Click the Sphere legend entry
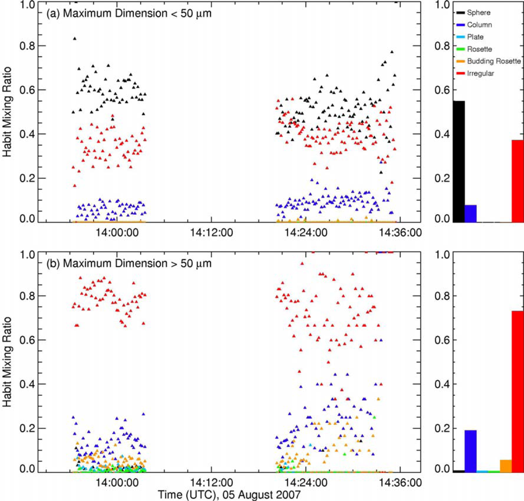(476, 12)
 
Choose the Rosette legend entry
(478, 49)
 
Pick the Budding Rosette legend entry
(488, 61)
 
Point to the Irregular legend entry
(479, 73)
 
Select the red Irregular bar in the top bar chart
(517, 181)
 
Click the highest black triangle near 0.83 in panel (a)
(75, 39)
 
